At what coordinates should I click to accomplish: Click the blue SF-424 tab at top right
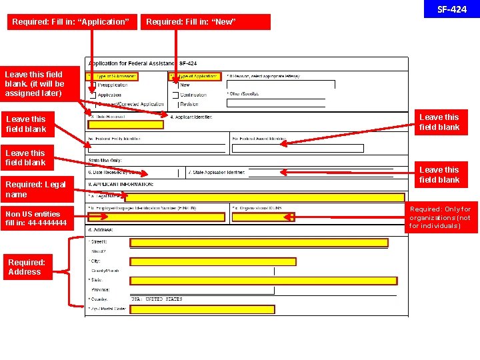[x=451, y=9]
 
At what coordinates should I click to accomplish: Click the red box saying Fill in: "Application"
[x=71, y=22]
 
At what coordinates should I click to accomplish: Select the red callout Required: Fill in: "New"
[x=207, y=22]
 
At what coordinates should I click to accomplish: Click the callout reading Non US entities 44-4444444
[x=37, y=218]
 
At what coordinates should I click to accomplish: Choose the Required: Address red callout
[x=27, y=267]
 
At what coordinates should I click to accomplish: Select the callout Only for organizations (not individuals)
[x=441, y=217]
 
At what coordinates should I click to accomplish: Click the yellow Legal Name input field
[x=265, y=197]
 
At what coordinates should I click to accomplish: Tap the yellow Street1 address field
[x=258, y=243]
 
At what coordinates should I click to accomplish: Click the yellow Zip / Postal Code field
[x=202, y=309]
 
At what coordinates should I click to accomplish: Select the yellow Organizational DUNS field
[x=263, y=217]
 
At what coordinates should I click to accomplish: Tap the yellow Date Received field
[x=127, y=125]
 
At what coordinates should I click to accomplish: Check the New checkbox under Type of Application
[x=174, y=85]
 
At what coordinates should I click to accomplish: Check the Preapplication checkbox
[x=93, y=85]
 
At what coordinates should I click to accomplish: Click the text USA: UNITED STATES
[x=156, y=299]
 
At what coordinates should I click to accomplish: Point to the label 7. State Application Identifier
[x=217, y=172]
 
